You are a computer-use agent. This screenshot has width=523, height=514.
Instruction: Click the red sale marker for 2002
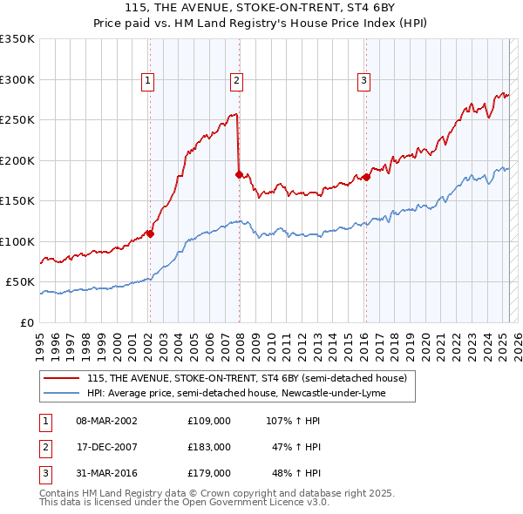point(150,233)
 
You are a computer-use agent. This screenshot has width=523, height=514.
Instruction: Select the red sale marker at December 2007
point(239,174)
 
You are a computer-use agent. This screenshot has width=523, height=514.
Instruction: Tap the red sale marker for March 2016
point(366,177)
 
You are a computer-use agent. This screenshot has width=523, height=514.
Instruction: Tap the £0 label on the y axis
point(27,322)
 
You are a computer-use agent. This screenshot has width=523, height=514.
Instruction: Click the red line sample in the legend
point(62,379)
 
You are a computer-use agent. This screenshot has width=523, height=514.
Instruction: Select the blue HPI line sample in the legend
point(62,393)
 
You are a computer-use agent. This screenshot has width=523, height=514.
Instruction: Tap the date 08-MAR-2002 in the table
point(106,420)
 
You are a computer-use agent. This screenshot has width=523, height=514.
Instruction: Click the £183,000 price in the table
point(209,447)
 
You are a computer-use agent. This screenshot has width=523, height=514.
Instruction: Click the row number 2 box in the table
point(44,447)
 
